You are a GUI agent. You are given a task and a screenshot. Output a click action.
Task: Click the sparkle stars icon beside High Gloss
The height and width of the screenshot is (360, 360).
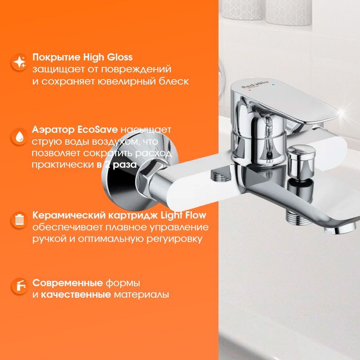[x=20, y=62]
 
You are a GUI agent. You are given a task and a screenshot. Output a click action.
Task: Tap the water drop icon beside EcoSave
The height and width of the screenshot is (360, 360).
[x=20, y=136]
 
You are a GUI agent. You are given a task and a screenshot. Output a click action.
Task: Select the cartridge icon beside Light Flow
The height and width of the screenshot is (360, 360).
[x=20, y=220]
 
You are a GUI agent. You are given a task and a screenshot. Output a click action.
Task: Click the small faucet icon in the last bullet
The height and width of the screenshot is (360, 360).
[x=20, y=285]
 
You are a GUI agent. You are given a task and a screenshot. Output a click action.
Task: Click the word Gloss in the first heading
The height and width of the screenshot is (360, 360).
[x=120, y=57]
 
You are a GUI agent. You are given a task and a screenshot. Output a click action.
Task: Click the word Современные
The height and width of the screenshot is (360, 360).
[x=68, y=283]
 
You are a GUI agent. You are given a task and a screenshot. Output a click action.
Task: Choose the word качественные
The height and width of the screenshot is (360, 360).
[x=76, y=294]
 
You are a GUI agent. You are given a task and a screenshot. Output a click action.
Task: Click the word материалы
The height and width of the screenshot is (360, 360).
[x=141, y=294]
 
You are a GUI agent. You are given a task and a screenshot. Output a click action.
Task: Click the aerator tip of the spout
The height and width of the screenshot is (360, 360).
[x=339, y=229]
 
